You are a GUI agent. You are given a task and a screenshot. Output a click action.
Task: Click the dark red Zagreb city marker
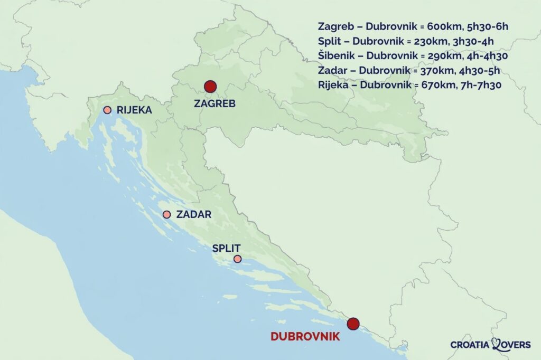210,87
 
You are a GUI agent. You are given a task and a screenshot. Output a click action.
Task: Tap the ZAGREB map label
214,104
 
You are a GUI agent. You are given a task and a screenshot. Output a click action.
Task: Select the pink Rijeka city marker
107,110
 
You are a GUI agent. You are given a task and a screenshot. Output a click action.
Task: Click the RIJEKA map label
134,110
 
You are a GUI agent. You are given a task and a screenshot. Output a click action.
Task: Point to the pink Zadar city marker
166,214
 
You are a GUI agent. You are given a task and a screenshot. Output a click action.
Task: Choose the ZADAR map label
194,214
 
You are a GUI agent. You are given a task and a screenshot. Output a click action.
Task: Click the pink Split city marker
237,259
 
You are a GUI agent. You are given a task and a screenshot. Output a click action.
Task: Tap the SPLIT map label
226,248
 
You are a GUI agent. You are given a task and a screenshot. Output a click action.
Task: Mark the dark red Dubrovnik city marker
353,324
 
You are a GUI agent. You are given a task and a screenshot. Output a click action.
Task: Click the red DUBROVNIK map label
305,336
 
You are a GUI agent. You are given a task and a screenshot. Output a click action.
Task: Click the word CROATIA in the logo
470,345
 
